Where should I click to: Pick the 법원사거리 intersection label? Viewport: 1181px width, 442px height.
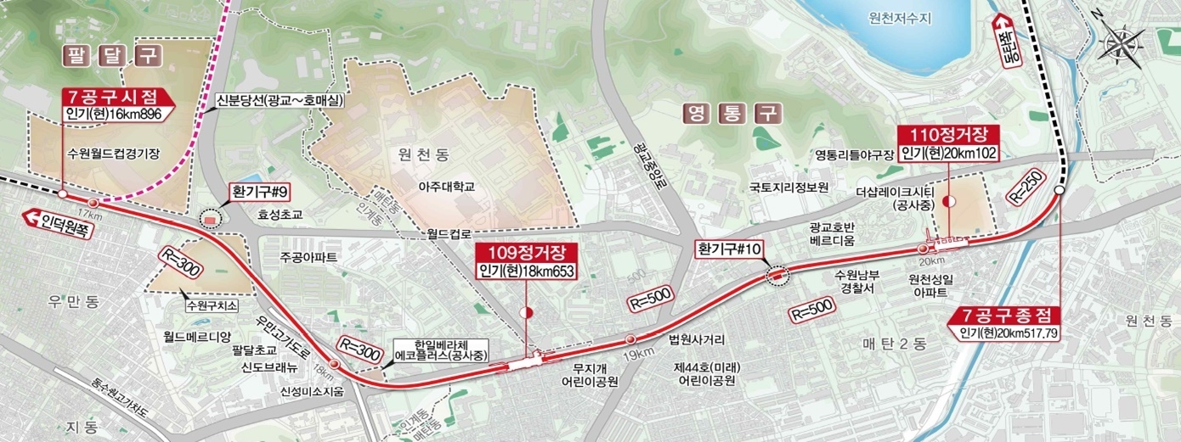tap(697, 340)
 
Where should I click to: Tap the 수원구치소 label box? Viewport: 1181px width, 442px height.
tap(211, 303)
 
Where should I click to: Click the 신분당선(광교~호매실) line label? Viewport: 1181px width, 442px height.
tap(280, 99)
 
